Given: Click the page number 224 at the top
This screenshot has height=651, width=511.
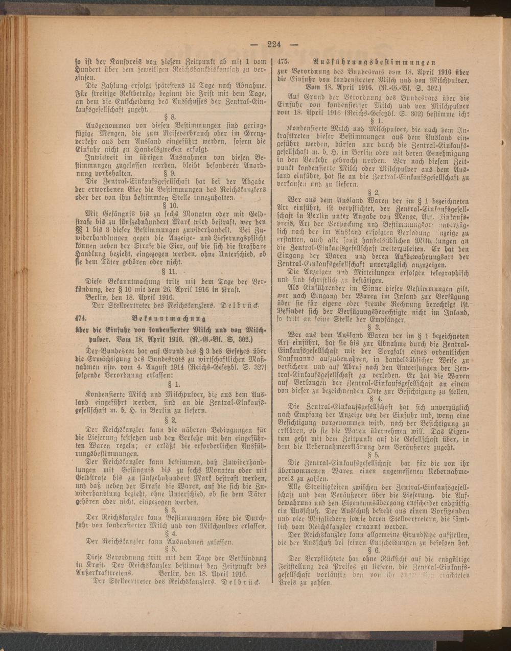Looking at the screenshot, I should tap(274, 44).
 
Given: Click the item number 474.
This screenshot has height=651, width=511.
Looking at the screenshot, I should tap(81, 316).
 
